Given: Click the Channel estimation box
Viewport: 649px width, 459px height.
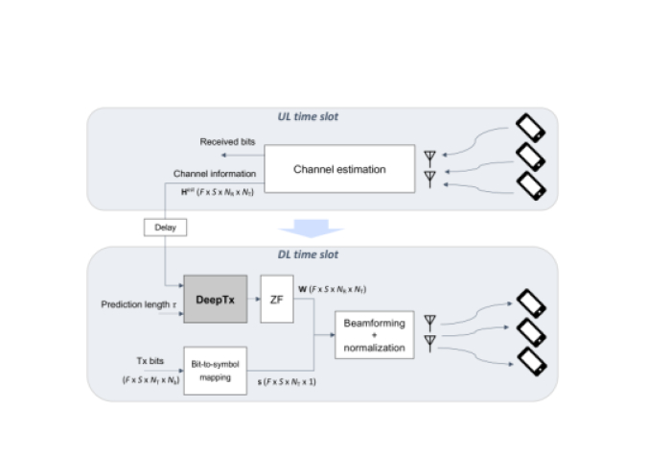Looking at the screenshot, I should pyautogui.click(x=339, y=169).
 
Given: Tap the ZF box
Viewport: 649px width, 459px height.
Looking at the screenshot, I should pyautogui.click(x=275, y=299).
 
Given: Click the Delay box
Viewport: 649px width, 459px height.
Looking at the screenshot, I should pyautogui.click(x=165, y=228).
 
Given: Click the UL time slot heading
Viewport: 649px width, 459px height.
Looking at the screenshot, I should pyautogui.click(x=308, y=117).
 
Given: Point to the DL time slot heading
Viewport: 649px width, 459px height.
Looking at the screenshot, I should pyautogui.click(x=308, y=256).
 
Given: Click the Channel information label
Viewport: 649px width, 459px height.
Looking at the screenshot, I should pyautogui.click(x=215, y=174).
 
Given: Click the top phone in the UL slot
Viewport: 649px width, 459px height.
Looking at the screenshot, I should pyautogui.click(x=532, y=128).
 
